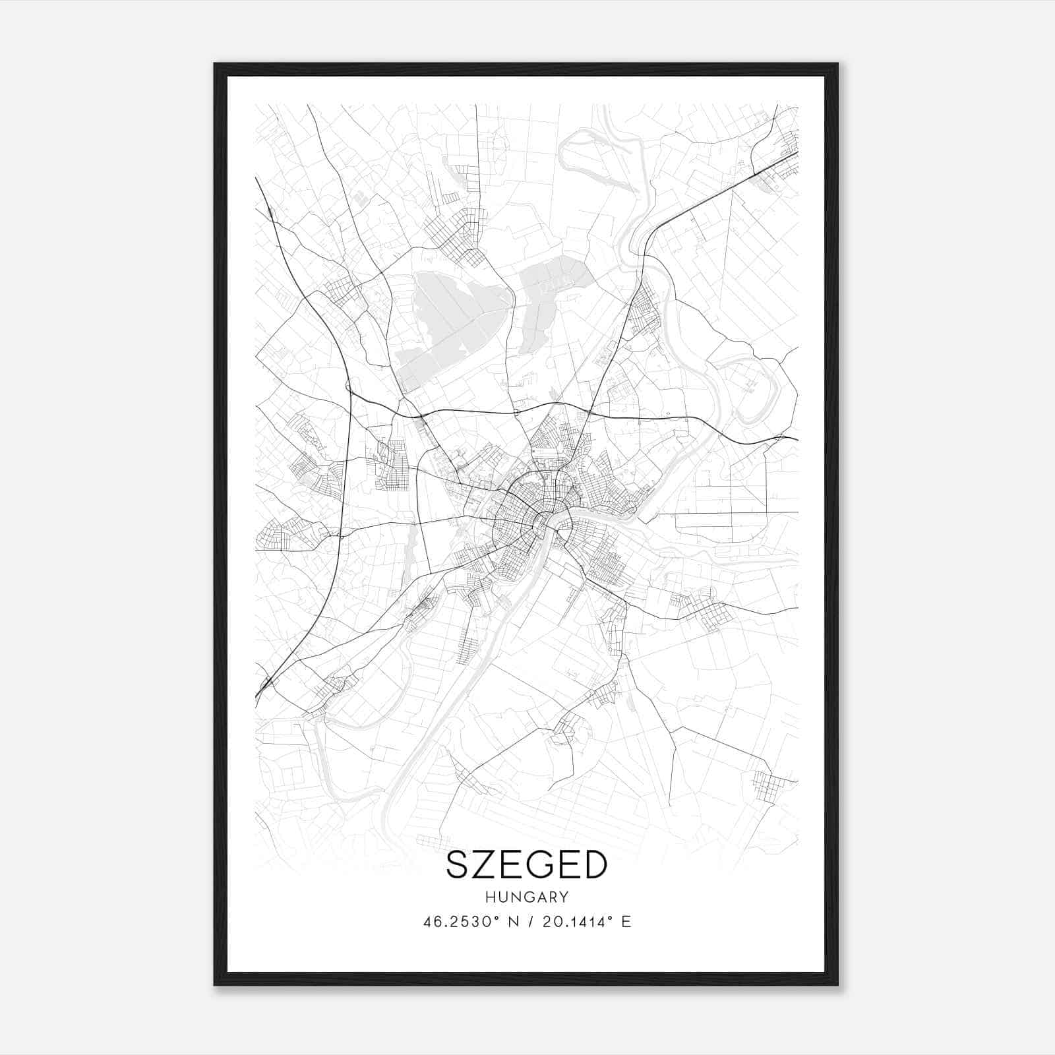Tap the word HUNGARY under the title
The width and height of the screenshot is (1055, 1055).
tap(527, 897)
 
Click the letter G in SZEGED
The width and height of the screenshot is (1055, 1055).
tap(538, 865)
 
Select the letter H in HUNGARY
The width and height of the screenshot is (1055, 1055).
tap(490, 897)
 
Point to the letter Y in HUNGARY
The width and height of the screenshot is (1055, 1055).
tap(564, 897)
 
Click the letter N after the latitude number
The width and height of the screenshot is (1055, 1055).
tap(515, 922)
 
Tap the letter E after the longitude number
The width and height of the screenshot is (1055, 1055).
tap(626, 922)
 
